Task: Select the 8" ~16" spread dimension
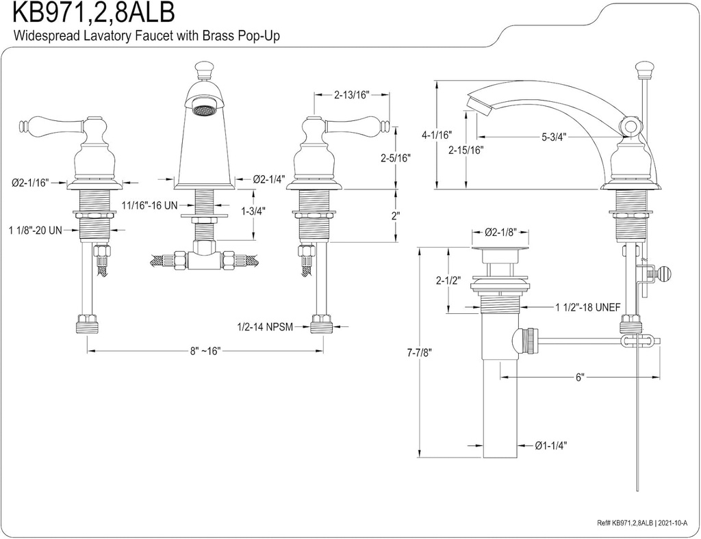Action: tap(204, 351)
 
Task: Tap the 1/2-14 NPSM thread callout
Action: tap(265, 327)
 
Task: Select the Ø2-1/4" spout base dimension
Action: tap(269, 179)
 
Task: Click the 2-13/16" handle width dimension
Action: tap(352, 96)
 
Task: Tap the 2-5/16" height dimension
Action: tap(396, 157)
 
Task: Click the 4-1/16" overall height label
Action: tap(436, 135)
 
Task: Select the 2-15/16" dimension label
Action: tap(467, 150)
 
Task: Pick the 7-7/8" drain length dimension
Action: tap(418, 352)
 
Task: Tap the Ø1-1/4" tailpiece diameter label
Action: tap(551, 445)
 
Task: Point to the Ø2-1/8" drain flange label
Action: tap(500, 233)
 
